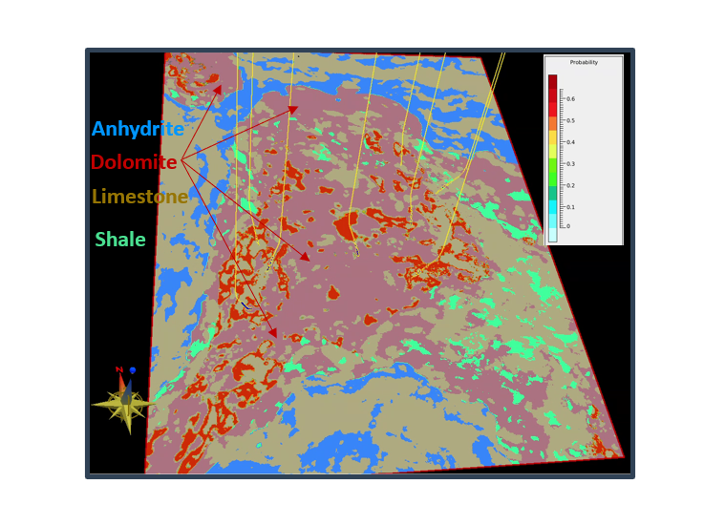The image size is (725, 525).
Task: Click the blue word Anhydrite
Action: tap(138, 129)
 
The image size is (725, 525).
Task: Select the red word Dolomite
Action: tap(134, 162)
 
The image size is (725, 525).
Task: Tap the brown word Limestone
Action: tap(139, 197)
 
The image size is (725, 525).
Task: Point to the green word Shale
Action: tap(120, 240)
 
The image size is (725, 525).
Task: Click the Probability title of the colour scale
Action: tap(584, 62)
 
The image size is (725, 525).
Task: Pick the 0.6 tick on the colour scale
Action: tap(570, 98)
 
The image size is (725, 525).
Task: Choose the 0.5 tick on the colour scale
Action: tap(570, 120)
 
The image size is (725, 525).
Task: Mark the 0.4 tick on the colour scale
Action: tap(570, 142)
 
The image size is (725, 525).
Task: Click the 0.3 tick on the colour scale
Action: tap(570, 163)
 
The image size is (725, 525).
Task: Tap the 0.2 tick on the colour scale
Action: tap(570, 185)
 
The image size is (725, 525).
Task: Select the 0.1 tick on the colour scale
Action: tap(570, 207)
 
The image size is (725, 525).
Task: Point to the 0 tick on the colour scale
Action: tap(567, 226)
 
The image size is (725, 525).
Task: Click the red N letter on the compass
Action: tap(119, 368)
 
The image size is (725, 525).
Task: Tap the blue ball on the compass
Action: tap(133, 369)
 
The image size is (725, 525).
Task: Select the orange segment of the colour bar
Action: tap(552, 123)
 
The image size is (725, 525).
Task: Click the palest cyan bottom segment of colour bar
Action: tap(552, 235)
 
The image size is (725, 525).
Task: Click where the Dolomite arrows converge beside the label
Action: tap(181, 160)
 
